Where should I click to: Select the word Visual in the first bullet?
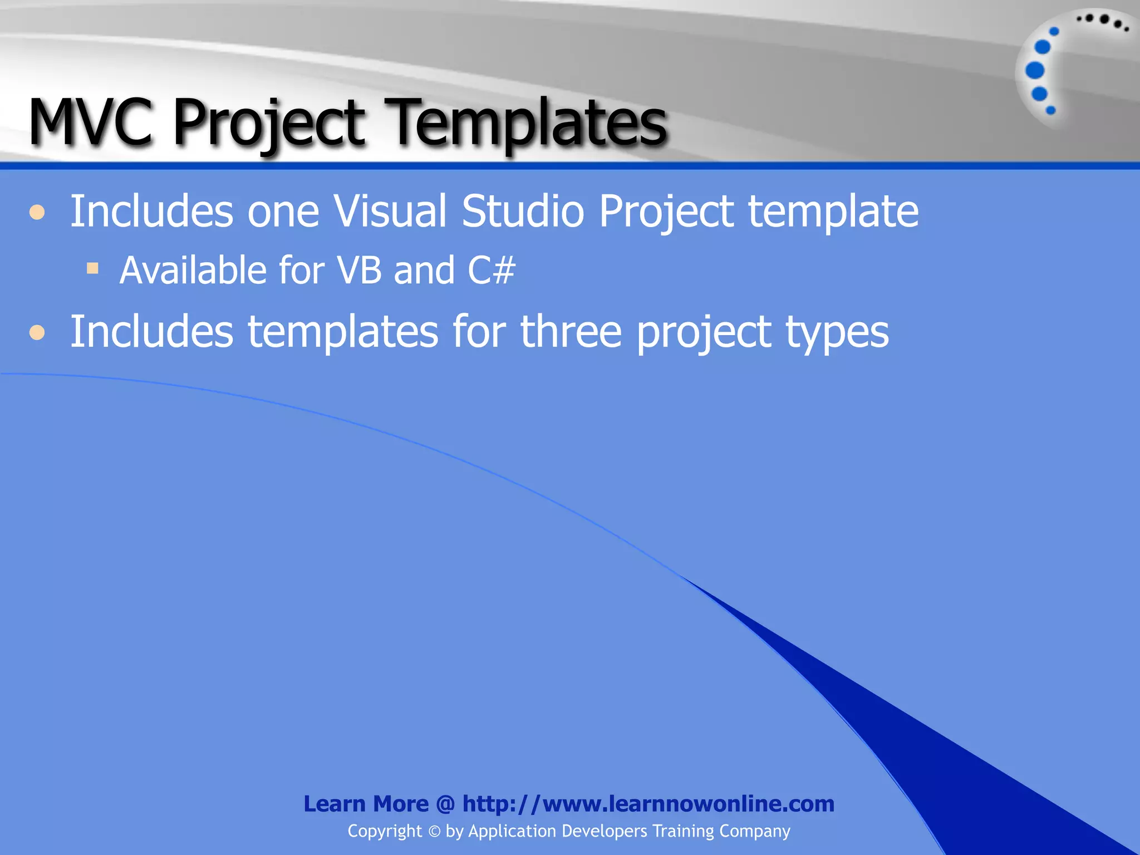coord(390,212)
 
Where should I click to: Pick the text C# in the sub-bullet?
coord(492,271)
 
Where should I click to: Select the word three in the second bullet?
coord(571,332)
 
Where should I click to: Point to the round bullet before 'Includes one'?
coord(37,213)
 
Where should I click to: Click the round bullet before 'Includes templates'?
coord(37,333)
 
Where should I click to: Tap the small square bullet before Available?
coord(92,269)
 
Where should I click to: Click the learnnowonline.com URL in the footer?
coord(648,804)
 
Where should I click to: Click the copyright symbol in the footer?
coord(434,832)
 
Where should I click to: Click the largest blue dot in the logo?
coord(1035,71)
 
